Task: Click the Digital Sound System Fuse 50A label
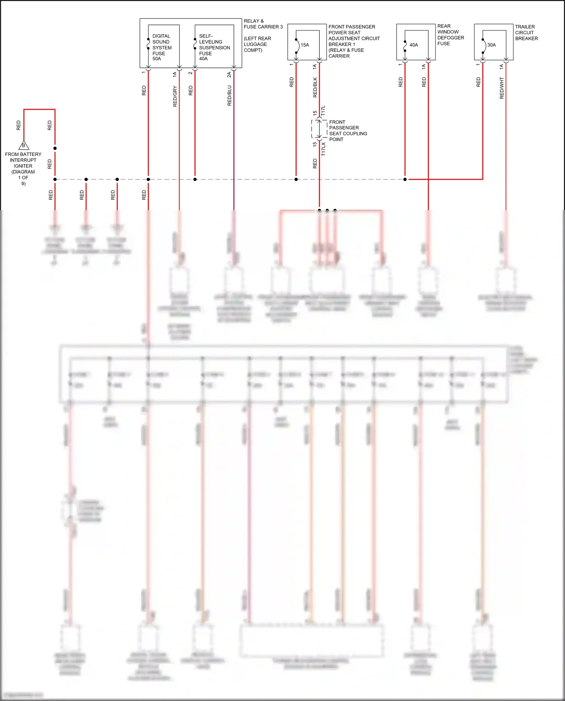pyautogui.click(x=162, y=47)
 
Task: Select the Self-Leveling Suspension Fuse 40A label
pyautogui.click(x=214, y=47)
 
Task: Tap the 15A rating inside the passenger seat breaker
pyautogui.click(x=305, y=45)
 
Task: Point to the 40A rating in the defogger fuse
pyautogui.click(x=414, y=45)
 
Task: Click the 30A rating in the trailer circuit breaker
pyautogui.click(x=492, y=45)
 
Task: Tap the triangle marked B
pyautogui.click(x=24, y=145)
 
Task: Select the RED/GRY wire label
pyautogui.click(x=175, y=96)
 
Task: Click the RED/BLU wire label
pyautogui.click(x=229, y=96)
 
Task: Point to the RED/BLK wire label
pyautogui.click(x=315, y=88)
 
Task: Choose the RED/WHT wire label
pyautogui.click(x=502, y=88)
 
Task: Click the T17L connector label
pyautogui.click(x=323, y=111)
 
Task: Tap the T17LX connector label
pyautogui.click(x=323, y=149)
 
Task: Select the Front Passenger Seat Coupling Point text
pyautogui.click(x=348, y=131)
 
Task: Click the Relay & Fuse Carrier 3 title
pyautogui.click(x=263, y=24)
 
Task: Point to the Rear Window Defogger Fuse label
pyautogui.click(x=450, y=35)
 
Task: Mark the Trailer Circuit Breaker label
pyautogui.click(x=526, y=32)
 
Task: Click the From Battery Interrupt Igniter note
pyautogui.click(x=23, y=168)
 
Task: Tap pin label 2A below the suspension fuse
pyautogui.click(x=229, y=75)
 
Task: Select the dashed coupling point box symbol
pyautogui.click(x=319, y=129)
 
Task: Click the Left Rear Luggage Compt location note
pyautogui.click(x=257, y=44)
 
